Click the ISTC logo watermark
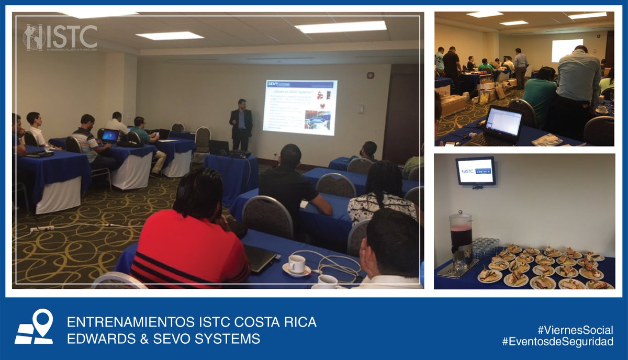[60, 37]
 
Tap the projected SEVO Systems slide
[299, 107]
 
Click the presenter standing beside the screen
[241, 124]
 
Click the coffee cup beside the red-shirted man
[297, 265]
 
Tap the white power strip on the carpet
[42, 228]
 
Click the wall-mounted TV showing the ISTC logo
[476, 171]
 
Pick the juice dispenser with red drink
[461, 241]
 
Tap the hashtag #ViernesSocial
[575, 330]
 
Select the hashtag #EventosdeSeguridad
[557, 342]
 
